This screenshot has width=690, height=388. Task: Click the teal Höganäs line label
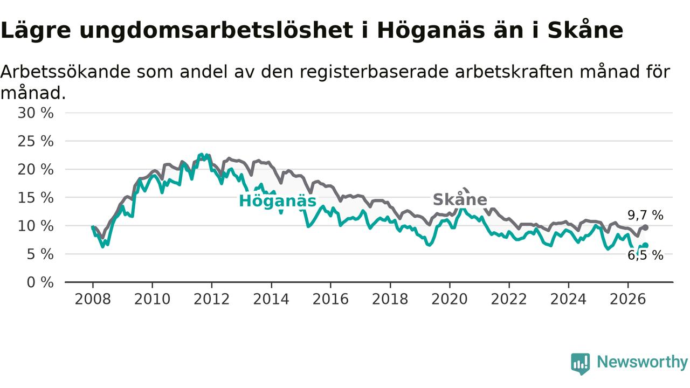click(x=278, y=201)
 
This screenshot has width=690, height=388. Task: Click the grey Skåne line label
click(x=460, y=199)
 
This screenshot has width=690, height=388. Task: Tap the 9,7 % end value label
click(x=645, y=215)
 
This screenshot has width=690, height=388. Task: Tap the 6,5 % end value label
click(x=645, y=255)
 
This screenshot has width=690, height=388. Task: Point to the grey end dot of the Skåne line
click(x=646, y=227)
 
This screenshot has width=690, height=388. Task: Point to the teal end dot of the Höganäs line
click(x=646, y=245)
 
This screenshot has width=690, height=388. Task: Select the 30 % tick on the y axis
click(x=36, y=113)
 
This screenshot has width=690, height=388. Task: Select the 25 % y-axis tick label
click(x=36, y=141)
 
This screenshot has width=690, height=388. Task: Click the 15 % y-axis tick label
click(x=36, y=198)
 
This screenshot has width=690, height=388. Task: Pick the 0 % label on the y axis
click(x=40, y=282)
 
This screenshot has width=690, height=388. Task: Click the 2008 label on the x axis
click(x=93, y=299)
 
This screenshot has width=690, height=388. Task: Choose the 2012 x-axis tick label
click(x=212, y=299)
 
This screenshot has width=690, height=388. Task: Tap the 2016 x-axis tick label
click(x=330, y=299)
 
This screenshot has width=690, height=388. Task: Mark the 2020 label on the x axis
click(x=450, y=299)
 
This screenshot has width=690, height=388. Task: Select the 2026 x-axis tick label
click(x=628, y=299)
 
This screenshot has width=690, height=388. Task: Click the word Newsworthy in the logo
click(x=642, y=362)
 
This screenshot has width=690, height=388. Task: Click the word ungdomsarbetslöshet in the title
click(x=216, y=31)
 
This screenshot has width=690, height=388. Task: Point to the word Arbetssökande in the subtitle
click(x=65, y=72)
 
